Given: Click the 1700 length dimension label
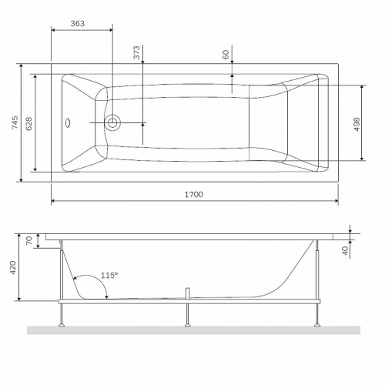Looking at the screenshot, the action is [194, 195].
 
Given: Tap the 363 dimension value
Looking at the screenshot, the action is [78, 24].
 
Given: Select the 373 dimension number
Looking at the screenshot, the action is [137, 52].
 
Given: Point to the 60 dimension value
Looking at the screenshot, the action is [226, 55].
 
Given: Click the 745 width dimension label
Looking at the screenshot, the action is [15, 122].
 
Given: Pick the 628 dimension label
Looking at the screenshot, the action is [29, 124].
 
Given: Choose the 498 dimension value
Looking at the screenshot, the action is [357, 125].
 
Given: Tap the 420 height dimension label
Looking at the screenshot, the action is [13, 268].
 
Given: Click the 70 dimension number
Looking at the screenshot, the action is [29, 240].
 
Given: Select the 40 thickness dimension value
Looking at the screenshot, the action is [346, 250].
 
